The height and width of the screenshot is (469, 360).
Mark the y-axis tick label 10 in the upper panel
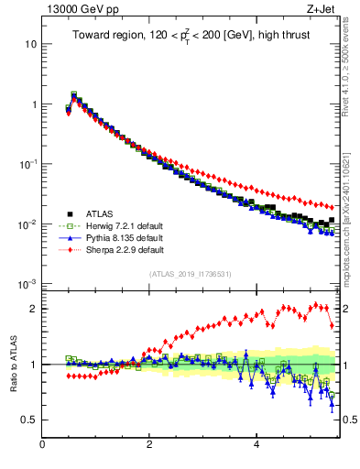click(x=31, y=44)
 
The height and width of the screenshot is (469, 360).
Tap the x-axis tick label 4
click(x=256, y=446)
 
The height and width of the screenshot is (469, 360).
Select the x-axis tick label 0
click(x=42, y=446)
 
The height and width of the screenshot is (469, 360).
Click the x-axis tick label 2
click(x=148, y=446)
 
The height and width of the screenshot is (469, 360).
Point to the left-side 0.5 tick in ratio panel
click(x=28, y=420)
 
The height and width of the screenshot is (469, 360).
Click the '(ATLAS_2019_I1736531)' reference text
click(x=191, y=274)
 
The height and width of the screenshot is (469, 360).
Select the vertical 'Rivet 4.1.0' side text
click(x=351, y=64)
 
